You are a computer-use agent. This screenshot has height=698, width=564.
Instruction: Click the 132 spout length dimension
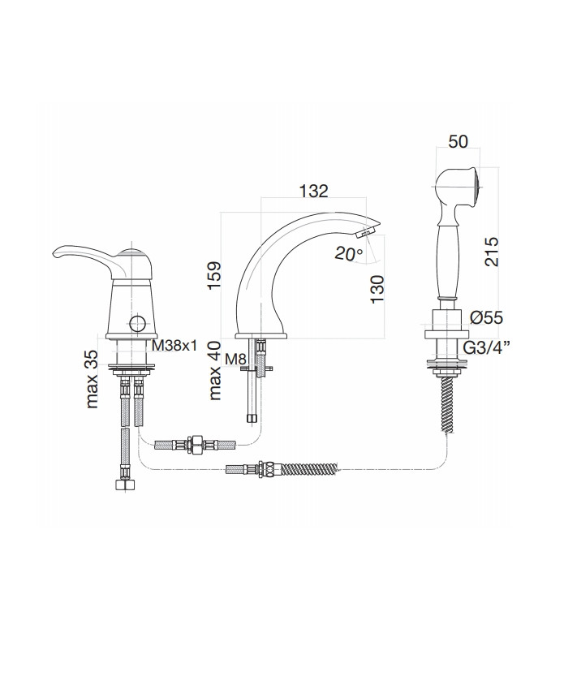pos(313,191)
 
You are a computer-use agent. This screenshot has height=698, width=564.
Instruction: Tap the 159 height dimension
pos(214,276)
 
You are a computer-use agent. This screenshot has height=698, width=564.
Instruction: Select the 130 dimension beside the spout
pos(377,290)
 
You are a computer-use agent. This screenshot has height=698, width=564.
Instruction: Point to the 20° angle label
pos(349,254)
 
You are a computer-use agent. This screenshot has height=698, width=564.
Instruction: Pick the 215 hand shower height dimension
pos(492,252)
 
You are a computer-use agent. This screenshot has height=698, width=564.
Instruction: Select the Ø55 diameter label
pos(487,317)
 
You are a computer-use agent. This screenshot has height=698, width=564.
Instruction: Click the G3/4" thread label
pos(488,347)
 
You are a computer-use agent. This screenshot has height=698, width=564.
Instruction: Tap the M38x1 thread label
pos(174,345)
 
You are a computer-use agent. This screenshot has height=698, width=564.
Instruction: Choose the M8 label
pos(235,357)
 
